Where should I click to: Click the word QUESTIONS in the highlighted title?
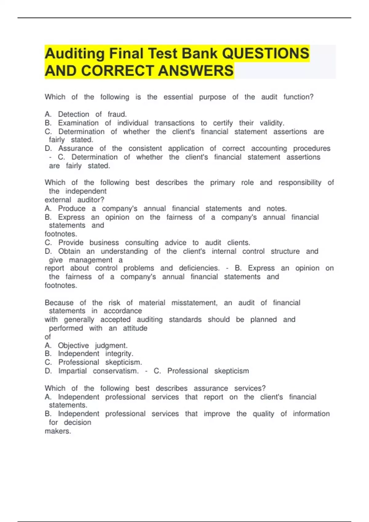(x=265, y=53)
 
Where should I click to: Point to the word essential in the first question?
(x=178, y=97)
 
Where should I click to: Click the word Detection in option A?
(x=73, y=114)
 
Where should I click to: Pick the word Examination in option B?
(x=78, y=123)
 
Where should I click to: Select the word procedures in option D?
(x=311, y=149)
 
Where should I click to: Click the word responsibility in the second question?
(x=300, y=183)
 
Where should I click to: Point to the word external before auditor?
(x=58, y=200)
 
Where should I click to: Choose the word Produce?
(x=72, y=208)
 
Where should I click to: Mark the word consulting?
(x=141, y=243)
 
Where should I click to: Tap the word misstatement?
(x=194, y=303)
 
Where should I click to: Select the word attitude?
(x=135, y=328)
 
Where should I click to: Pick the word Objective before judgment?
(x=73, y=345)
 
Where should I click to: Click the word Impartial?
(x=72, y=371)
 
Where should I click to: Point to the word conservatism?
(x=116, y=371)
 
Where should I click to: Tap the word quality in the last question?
(x=263, y=414)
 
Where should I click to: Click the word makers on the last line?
(x=58, y=431)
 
